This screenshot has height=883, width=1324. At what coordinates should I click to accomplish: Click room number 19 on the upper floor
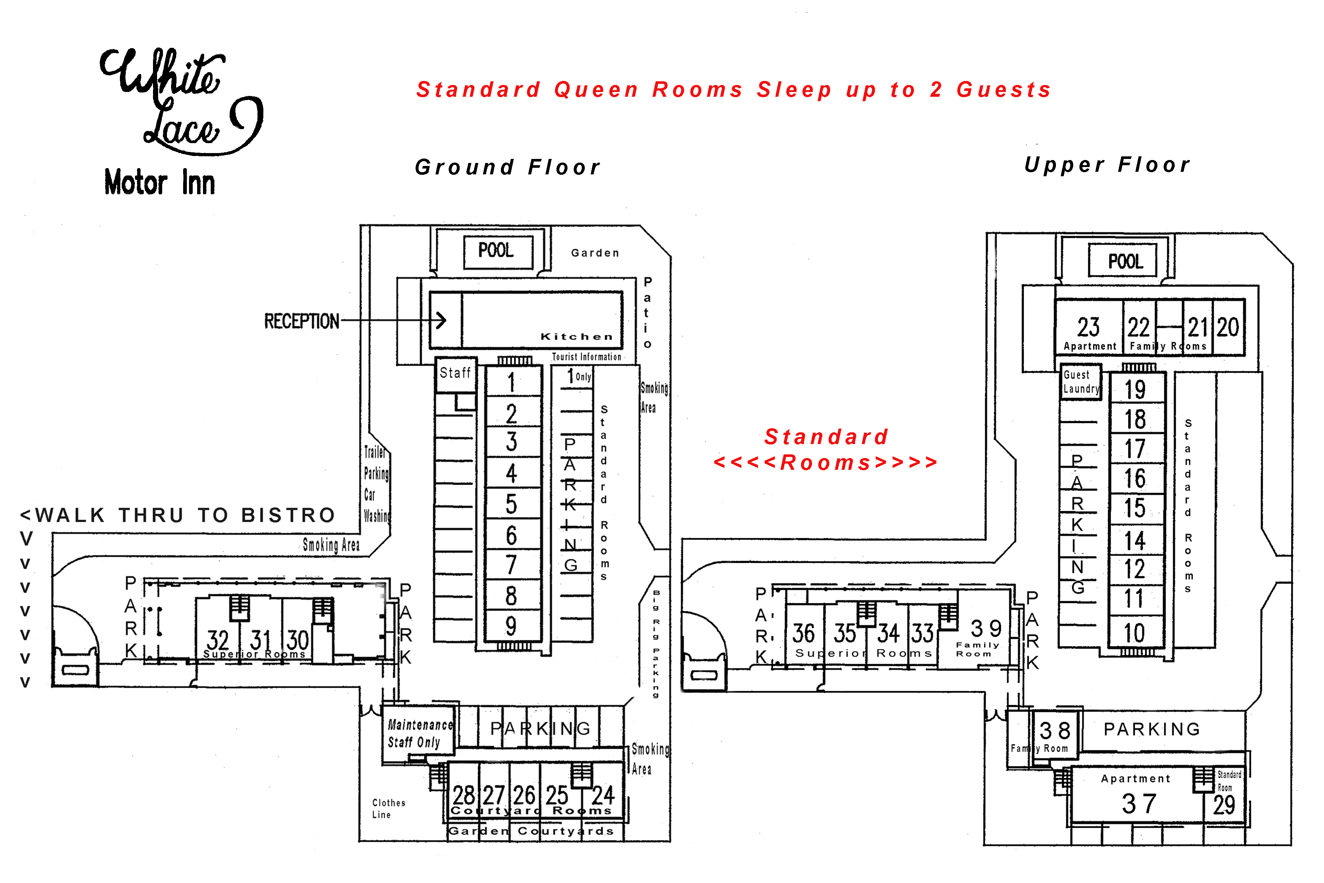[x=1135, y=390]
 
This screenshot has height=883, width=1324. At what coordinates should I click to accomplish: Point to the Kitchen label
[x=576, y=337]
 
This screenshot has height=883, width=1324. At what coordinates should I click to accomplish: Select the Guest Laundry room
[x=1080, y=382]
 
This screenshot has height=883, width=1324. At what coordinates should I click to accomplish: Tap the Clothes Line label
[x=388, y=808]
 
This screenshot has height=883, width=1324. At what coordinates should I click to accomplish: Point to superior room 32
[x=217, y=640]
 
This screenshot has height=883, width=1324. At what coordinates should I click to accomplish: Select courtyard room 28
[x=464, y=795]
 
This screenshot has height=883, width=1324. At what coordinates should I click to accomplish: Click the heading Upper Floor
[x=1107, y=165]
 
